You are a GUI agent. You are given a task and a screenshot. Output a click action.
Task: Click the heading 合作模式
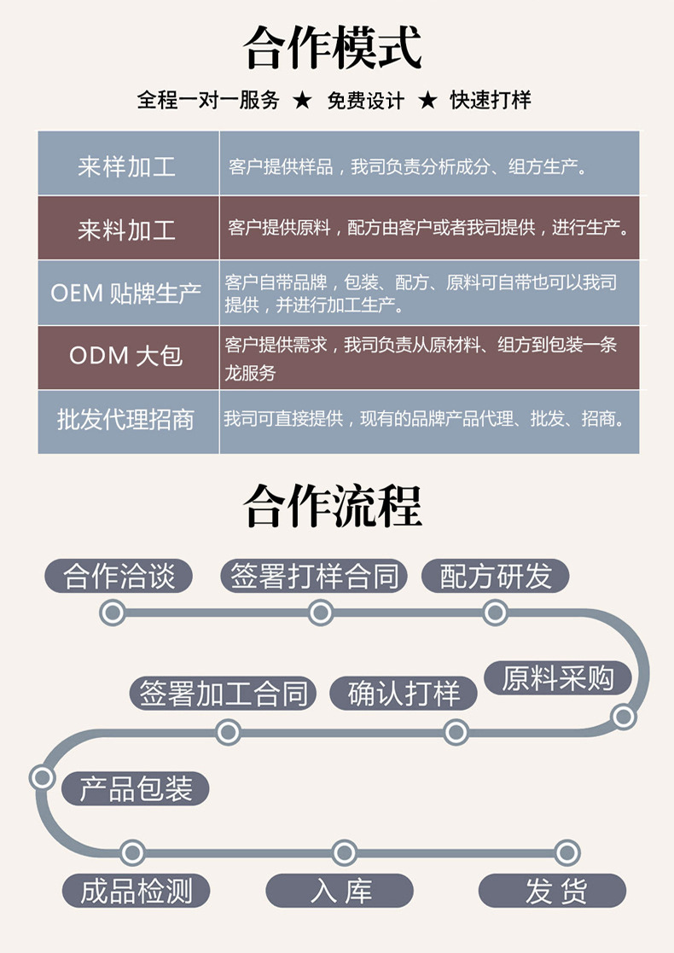pyautogui.click(x=333, y=48)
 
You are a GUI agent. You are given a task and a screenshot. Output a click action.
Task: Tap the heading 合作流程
pyautogui.click(x=333, y=507)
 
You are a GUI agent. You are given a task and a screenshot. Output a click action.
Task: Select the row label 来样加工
pyautogui.click(x=127, y=166)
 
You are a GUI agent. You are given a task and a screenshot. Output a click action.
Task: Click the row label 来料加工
pyautogui.click(x=127, y=229)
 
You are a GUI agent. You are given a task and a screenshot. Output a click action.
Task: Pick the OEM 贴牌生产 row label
pyautogui.click(x=127, y=293)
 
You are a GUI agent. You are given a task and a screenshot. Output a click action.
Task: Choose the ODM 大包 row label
pyautogui.click(x=127, y=356)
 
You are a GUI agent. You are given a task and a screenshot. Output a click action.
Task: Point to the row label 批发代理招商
pyautogui.click(x=127, y=420)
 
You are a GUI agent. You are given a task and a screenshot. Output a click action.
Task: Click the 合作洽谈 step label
pyautogui.click(x=119, y=577)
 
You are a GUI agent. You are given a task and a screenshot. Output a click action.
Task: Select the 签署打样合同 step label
pyautogui.click(x=315, y=577)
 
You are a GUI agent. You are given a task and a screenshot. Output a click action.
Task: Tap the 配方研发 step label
pyautogui.click(x=496, y=577)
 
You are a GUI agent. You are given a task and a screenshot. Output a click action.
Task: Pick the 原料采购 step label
pyautogui.click(x=558, y=678)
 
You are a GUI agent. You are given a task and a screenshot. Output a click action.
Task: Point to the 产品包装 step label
pyautogui.click(x=136, y=788)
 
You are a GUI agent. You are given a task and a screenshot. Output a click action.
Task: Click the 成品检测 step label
pyautogui.click(x=136, y=892)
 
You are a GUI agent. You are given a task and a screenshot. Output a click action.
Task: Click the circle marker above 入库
pyautogui.click(x=344, y=852)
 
